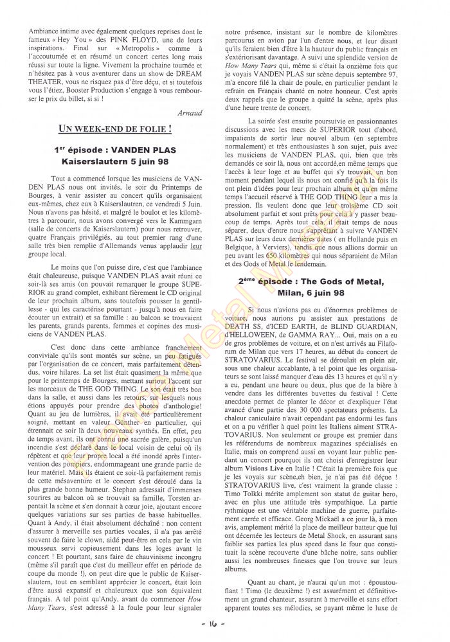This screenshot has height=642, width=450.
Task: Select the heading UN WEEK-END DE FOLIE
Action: [115, 129]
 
